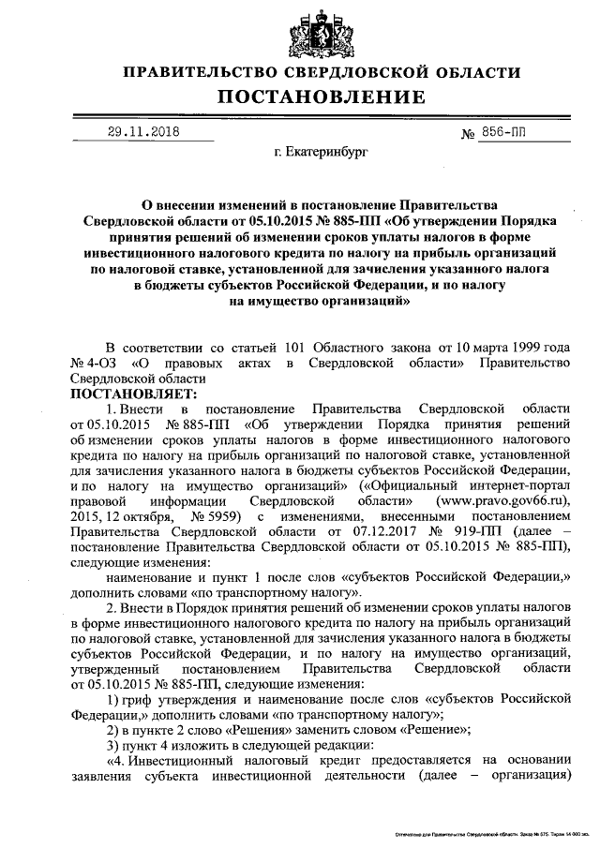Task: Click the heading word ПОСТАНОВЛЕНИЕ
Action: point(322,97)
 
